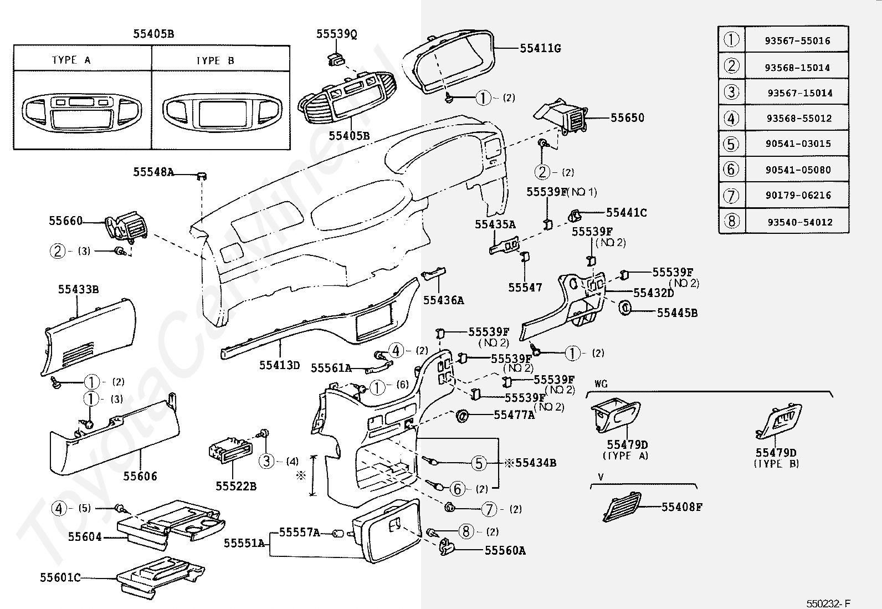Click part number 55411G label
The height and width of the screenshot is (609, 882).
pos(540,49)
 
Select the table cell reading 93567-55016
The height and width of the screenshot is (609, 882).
pos(797,40)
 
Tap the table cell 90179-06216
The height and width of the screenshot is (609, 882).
pos(798,195)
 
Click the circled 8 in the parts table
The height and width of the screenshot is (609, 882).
pos(732,221)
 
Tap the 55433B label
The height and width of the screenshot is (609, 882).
pos(78,289)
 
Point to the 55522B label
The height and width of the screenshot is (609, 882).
pos(236,486)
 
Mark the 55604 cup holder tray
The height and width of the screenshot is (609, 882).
pos(172,524)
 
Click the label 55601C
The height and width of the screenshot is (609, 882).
pos(60,577)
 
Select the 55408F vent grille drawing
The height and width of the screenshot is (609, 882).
pos(622,506)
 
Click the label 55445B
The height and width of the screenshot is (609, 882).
pos(677,313)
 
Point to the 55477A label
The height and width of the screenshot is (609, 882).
pos(514,414)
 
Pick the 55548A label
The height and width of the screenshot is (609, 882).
pos(153,172)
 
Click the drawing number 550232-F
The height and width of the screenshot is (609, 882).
pos(828,603)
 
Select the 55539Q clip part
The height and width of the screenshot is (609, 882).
pos(335,59)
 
